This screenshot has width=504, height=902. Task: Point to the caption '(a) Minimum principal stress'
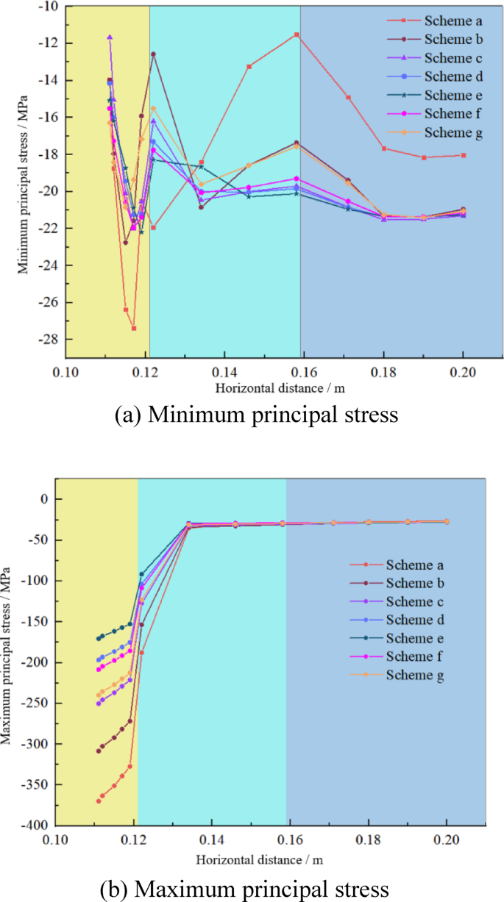coord(257,415)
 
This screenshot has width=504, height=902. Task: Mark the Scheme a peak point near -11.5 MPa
coord(297,35)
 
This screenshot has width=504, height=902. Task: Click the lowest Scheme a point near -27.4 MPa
coord(133,328)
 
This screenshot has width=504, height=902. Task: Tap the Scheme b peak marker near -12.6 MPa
coord(153,54)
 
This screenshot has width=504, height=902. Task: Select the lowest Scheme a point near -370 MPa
coord(99,801)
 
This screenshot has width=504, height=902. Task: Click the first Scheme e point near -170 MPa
coord(99,638)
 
